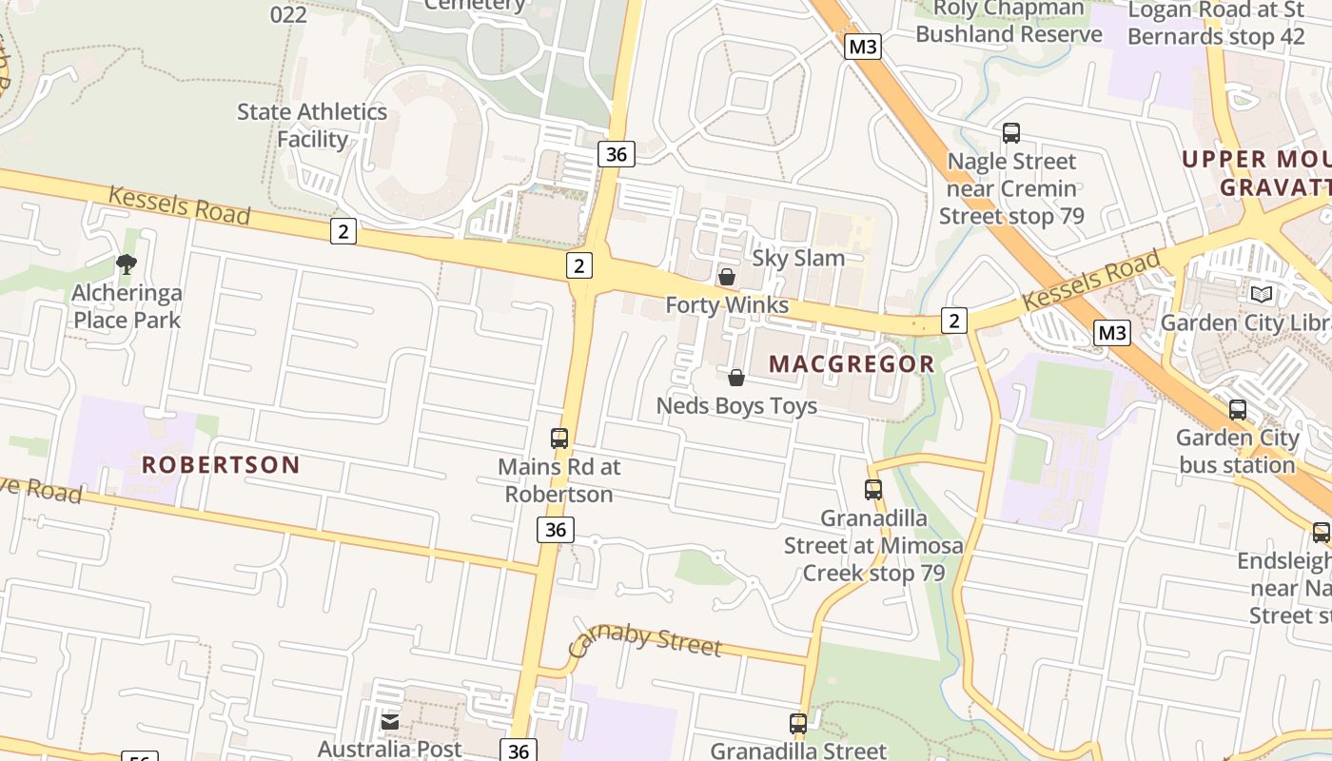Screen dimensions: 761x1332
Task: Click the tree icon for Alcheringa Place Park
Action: point(126,263)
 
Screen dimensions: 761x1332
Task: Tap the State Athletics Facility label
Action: point(312,126)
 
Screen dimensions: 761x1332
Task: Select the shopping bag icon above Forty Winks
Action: point(726,277)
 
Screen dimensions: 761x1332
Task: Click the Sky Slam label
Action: point(798,258)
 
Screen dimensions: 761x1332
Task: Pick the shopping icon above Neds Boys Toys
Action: point(735,378)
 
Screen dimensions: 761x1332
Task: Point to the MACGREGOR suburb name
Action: point(852,363)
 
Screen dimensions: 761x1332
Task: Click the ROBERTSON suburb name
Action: point(221,465)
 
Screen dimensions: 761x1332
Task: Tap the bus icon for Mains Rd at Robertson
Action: point(559,439)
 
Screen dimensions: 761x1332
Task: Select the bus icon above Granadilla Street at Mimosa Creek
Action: point(872,490)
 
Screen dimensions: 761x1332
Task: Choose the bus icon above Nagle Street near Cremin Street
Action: point(1011,133)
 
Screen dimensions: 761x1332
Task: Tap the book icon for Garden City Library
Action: point(1262,295)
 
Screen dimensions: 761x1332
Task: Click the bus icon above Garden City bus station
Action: point(1238,410)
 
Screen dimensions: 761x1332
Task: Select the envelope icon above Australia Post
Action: point(390,722)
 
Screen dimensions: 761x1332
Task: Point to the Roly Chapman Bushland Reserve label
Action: point(1009,22)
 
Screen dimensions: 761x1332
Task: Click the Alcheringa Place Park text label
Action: point(127,306)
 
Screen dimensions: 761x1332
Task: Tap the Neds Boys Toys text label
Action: point(736,406)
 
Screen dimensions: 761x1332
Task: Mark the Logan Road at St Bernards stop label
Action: point(1215,24)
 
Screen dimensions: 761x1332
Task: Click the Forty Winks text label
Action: point(727,305)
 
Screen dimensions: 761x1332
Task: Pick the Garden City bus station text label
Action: point(1237,452)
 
